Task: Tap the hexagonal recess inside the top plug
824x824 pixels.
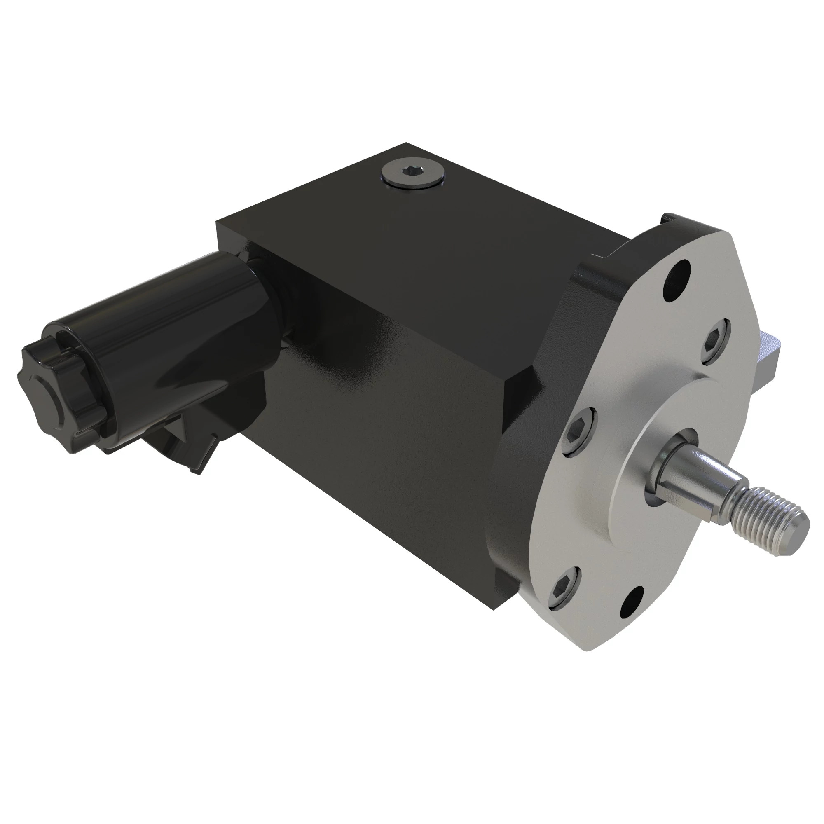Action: (411, 171)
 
